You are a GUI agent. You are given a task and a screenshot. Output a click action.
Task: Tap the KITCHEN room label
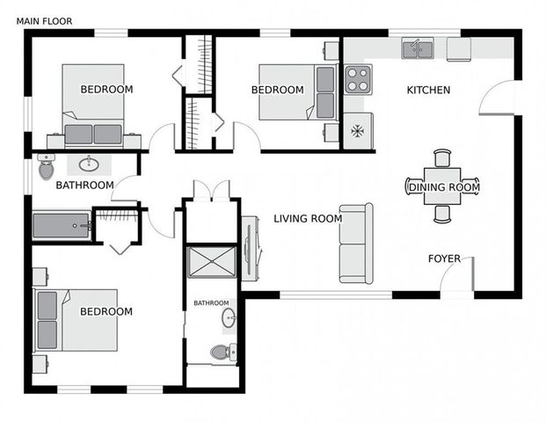click(428, 90)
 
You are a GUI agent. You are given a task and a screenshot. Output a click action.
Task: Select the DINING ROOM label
click(443, 187)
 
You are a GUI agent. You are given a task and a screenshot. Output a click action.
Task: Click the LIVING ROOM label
click(307, 219)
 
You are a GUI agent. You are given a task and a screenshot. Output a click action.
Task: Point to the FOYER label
click(445, 258)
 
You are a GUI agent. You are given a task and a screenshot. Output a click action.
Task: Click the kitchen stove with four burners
click(357, 79)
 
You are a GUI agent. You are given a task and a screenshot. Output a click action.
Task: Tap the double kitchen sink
click(418, 48)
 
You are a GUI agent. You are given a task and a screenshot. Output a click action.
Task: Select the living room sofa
click(356, 244)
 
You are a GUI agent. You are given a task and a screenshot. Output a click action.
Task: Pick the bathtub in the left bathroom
click(62, 226)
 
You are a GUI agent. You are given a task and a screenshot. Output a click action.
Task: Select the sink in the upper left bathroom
click(89, 164)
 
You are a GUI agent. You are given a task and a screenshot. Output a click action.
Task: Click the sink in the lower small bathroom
click(229, 317)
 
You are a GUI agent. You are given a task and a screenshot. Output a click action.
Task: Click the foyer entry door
click(457, 280)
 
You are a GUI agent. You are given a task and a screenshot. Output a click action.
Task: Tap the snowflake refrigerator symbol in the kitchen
click(357, 131)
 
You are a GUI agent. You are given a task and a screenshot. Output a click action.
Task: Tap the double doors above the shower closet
click(211, 190)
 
